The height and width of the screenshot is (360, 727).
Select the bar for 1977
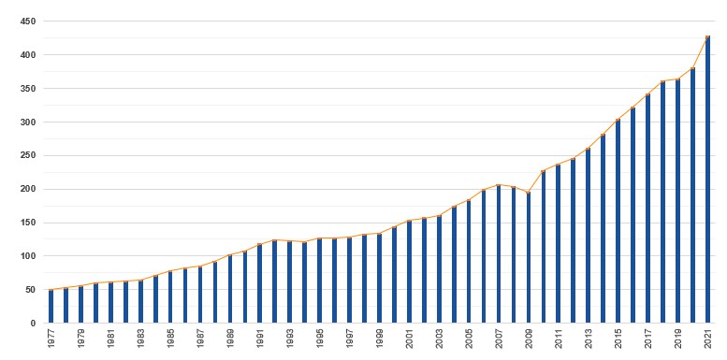pyautogui.click(x=51, y=307)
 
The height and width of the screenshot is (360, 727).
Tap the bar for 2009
pyautogui.click(x=529, y=258)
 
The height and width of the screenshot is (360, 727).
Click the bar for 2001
pyautogui.click(x=409, y=272)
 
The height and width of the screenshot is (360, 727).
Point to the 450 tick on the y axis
pyautogui.click(x=27, y=22)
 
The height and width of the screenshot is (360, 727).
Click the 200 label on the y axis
pyautogui.click(x=27, y=189)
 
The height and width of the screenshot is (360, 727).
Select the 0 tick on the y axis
pyautogui.click(x=33, y=324)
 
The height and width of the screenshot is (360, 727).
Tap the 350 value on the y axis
pyautogui.click(x=27, y=89)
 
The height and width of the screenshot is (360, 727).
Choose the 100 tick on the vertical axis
pyautogui.click(x=27, y=256)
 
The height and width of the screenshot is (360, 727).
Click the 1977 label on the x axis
pyautogui.click(x=51, y=339)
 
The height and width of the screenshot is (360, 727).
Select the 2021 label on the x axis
pyautogui.click(x=707, y=339)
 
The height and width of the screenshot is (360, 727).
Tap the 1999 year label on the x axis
pyautogui.click(x=379, y=339)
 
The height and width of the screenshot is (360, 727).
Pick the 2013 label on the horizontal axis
pyautogui.click(x=588, y=339)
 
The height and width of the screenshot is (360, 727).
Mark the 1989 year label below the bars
pyautogui.click(x=230, y=339)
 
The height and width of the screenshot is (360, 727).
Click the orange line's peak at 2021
pyautogui.click(x=707, y=37)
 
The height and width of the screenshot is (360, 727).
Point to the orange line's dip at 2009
pyautogui.click(x=529, y=193)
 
